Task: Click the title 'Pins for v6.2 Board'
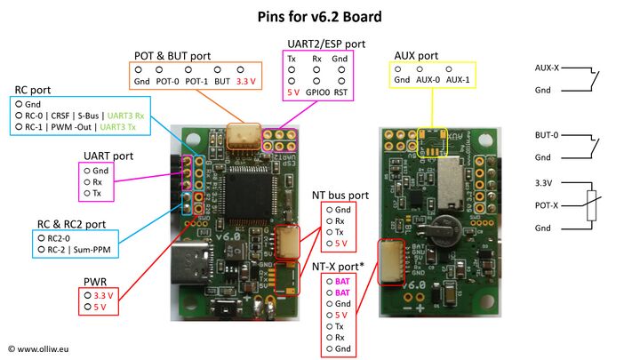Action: coord(319,16)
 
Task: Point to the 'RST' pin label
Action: coord(341,92)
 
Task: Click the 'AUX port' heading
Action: coord(415,55)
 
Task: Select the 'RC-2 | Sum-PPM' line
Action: coord(80,250)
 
